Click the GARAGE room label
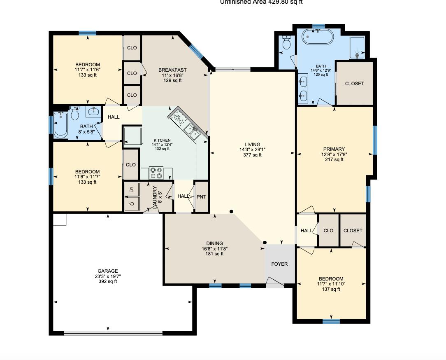pos(107,271)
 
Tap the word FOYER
pos(279,264)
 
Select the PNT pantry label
pos(201,197)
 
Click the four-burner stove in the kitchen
pos(156,173)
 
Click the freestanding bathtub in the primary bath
pos(319,37)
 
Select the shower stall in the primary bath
pos(357,48)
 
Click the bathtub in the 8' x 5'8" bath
pos(60,125)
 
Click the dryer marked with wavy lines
pos(132,190)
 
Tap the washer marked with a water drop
pos(132,204)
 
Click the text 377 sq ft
pos(252,155)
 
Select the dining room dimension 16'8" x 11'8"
pos(214,249)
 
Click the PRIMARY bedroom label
pos(334,149)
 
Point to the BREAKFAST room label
pos(172,70)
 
